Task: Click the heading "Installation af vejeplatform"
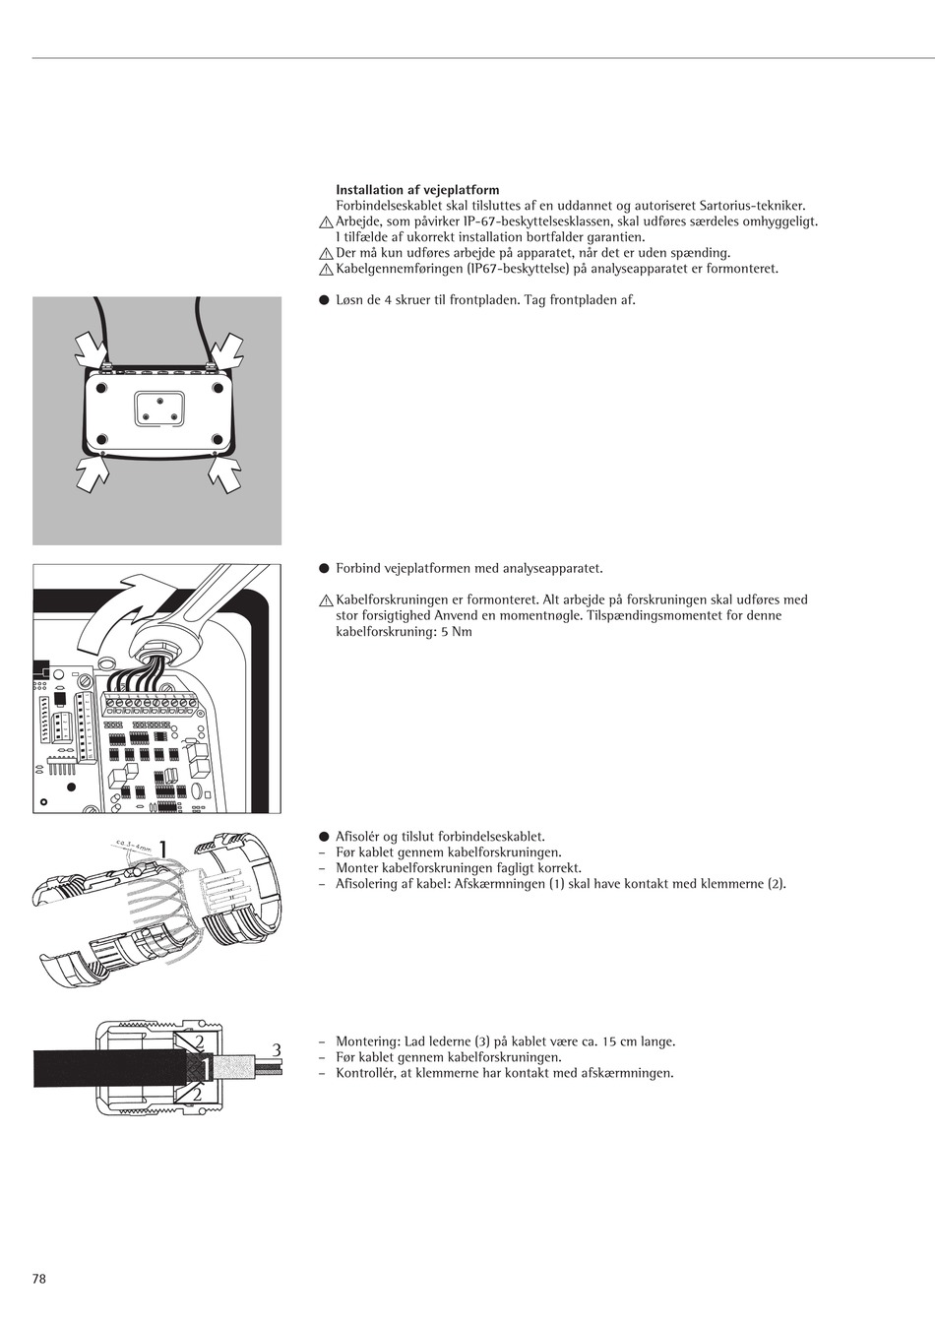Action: (417, 190)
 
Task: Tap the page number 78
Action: (39, 1279)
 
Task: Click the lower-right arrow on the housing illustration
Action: (225, 474)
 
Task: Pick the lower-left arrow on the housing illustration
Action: (91, 474)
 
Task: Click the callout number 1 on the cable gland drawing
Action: (163, 849)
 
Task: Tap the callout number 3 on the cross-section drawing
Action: (277, 1050)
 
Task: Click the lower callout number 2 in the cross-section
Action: (198, 1094)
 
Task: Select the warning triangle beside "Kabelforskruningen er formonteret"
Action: (326, 600)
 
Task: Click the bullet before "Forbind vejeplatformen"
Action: (323, 568)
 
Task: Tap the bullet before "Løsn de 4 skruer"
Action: (323, 299)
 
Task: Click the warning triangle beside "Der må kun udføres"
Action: (326, 254)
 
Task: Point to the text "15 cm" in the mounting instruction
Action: (619, 1041)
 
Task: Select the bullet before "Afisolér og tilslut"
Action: (323, 836)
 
